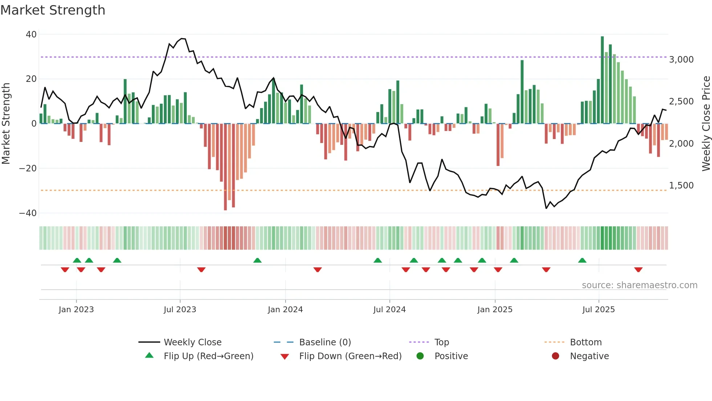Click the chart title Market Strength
(53, 10)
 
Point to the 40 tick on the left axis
(31, 35)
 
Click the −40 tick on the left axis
(28, 213)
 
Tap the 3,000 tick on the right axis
(681, 60)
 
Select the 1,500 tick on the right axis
(681, 186)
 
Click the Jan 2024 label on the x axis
(285, 310)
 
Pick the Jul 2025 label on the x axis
(598, 310)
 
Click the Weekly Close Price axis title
(706, 124)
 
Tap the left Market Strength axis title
(6, 124)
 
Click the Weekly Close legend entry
(192, 342)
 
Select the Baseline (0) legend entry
(325, 342)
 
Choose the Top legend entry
(441, 342)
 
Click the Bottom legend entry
(586, 342)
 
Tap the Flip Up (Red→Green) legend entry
(208, 356)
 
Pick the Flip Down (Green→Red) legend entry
(350, 356)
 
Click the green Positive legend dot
(420, 356)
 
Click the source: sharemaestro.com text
(639, 285)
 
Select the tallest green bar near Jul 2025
(602, 80)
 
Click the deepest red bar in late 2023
(225, 167)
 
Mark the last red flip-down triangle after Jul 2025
(638, 270)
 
